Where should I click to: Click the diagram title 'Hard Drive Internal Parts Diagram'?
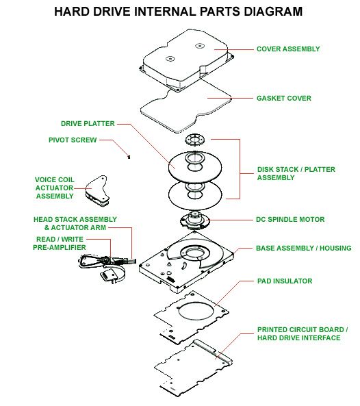(x=179, y=12)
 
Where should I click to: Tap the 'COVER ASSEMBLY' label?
(x=288, y=49)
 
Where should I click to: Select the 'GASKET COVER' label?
(x=283, y=98)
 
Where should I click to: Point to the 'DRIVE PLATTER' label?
(x=88, y=123)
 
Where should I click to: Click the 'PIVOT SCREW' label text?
(x=73, y=140)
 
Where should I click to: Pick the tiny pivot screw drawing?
(x=129, y=157)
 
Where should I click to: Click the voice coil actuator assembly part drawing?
(x=97, y=191)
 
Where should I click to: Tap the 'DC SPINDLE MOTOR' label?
(x=290, y=219)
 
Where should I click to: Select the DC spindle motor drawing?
(x=194, y=221)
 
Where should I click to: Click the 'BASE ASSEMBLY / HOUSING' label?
(x=304, y=248)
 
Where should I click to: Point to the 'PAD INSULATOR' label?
(x=285, y=281)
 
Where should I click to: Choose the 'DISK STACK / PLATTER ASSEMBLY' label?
(x=296, y=173)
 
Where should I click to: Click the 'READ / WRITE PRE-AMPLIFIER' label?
(x=60, y=243)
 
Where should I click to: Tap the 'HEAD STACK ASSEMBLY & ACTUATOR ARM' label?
(x=75, y=223)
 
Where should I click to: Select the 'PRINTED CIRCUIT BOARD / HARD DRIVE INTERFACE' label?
(x=303, y=333)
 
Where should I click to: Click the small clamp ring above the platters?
(x=195, y=140)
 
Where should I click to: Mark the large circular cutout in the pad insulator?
(x=196, y=312)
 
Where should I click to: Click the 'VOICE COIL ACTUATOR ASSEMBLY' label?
(x=55, y=188)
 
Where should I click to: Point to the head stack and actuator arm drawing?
(x=106, y=268)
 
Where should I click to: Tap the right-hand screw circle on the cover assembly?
(x=200, y=46)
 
